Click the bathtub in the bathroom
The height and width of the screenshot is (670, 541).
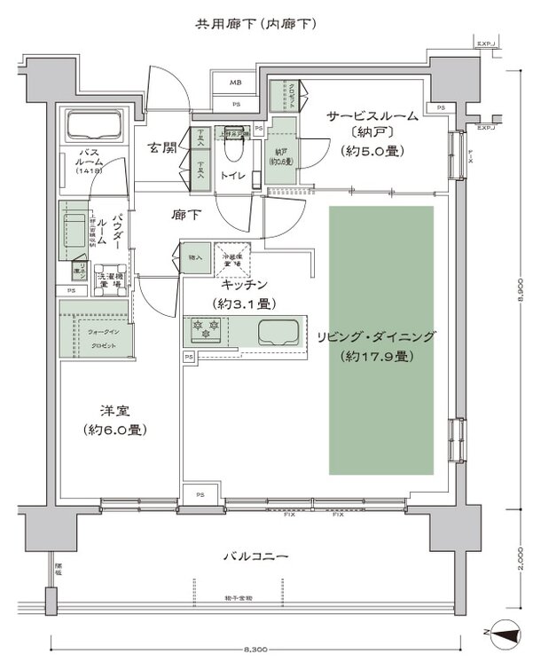(94, 127)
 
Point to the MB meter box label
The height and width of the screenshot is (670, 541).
(237, 83)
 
